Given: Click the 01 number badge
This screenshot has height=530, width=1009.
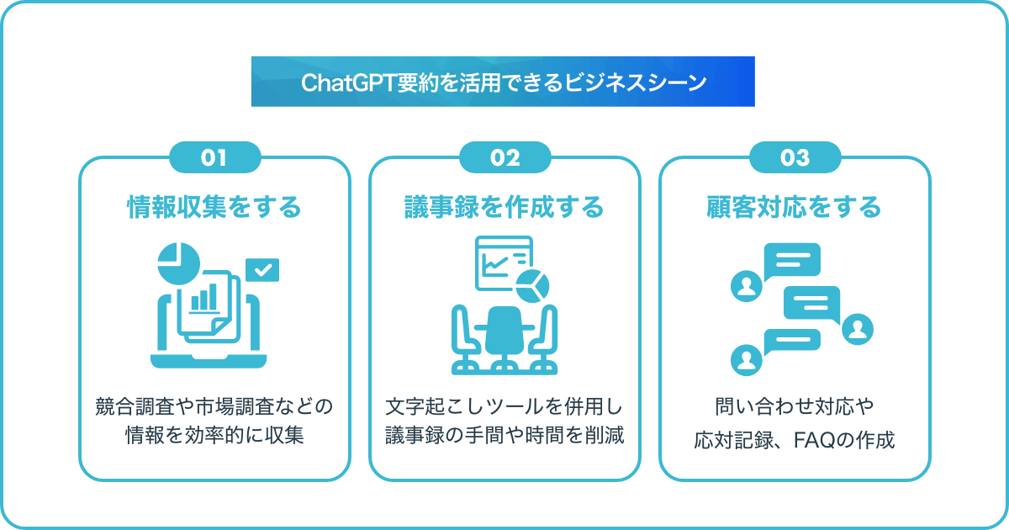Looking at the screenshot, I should (214, 157).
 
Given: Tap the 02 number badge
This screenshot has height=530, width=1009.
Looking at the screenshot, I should (504, 157).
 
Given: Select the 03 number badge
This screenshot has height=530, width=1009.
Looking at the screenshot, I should (795, 157).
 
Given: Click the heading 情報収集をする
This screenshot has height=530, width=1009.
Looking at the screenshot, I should (214, 207).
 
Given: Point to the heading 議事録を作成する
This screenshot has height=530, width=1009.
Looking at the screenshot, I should (504, 207).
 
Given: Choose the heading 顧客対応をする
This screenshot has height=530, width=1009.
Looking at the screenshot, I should (795, 207).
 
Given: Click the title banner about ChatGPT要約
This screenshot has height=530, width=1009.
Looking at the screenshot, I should (503, 82).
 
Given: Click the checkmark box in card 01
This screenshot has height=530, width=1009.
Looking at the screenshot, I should (262, 270).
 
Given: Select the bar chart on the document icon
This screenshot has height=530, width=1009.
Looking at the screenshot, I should (204, 297).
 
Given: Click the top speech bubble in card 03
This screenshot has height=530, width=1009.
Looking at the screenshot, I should (791, 260).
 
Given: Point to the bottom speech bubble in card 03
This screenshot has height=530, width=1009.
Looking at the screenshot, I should (791, 342).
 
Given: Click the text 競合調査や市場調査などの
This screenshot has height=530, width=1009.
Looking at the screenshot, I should (214, 407).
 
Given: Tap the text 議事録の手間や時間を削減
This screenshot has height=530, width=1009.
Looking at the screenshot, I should (504, 437).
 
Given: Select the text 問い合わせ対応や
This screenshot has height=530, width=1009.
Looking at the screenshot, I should (795, 407).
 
